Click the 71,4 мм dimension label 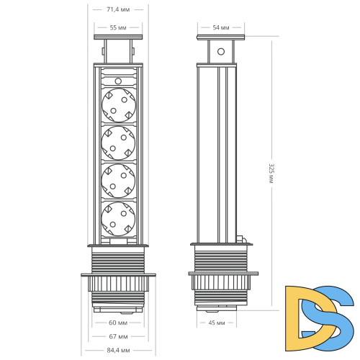coord(120,10)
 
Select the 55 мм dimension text coord(120,27)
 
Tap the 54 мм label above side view coord(222,27)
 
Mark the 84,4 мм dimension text coord(120,351)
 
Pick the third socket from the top coord(120,180)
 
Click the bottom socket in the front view coord(120,217)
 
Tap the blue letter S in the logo coord(335,310)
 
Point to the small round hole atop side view coord(221,53)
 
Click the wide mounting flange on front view coord(120,274)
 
